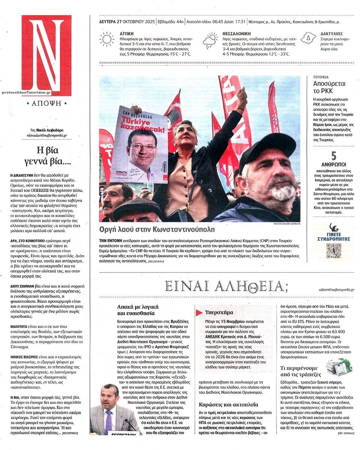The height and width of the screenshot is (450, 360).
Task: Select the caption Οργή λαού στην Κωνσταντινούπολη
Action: [x=157, y=230]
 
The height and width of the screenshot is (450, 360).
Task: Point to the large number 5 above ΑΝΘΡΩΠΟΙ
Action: [x=333, y=155]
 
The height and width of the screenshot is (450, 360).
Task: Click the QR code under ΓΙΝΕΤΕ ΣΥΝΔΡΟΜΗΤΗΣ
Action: [x=333, y=251]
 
